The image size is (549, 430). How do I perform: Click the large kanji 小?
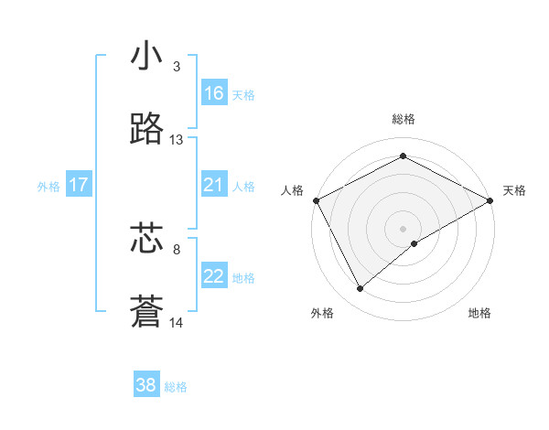(147, 57)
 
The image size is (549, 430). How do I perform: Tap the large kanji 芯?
(147, 238)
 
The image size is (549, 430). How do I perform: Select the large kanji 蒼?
(147, 312)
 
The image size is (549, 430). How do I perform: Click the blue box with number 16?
(214, 93)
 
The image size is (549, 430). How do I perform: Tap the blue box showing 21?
(214, 186)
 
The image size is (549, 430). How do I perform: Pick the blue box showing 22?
(214, 277)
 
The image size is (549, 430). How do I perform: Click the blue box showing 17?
(79, 186)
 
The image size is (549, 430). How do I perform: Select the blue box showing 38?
(146, 386)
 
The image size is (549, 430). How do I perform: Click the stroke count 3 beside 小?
(177, 67)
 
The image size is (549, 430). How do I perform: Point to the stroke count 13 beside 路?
(177, 140)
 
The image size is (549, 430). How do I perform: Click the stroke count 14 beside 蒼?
(177, 322)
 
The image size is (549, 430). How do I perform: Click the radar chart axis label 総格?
(404, 119)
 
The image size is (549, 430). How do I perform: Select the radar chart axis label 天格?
(514, 190)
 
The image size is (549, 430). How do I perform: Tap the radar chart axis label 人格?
(292, 190)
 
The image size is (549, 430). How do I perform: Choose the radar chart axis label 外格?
(322, 314)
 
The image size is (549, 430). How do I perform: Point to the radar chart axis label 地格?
(479, 314)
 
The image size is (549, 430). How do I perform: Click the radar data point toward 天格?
(491, 200)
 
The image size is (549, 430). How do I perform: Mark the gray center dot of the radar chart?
(404, 228)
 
